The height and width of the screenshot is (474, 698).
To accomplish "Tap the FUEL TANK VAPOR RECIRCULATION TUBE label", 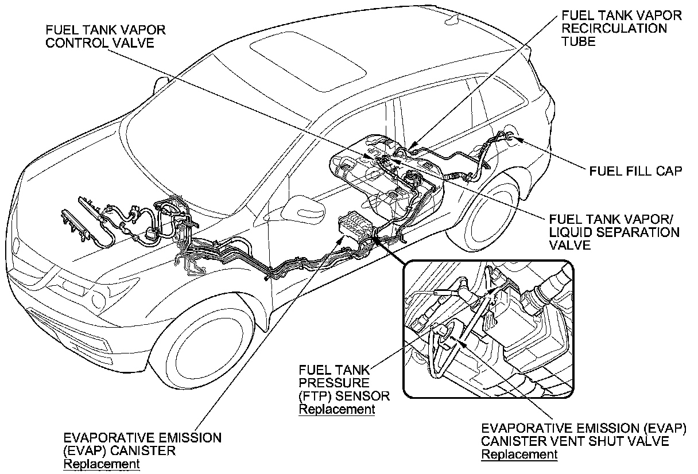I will click(622, 28).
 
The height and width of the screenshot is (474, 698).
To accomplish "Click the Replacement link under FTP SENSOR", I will click(337, 409).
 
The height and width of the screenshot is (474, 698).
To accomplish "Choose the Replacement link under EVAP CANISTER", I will click(101, 464).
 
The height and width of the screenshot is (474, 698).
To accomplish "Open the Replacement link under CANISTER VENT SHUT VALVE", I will click(519, 454).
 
